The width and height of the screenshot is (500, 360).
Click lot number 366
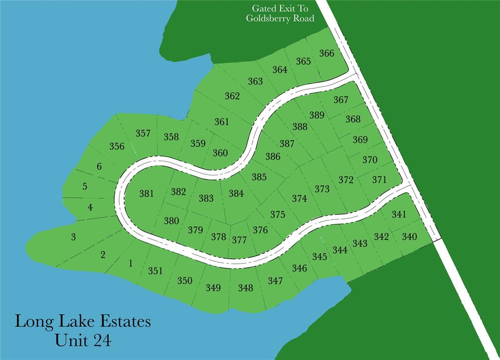pos(327,53)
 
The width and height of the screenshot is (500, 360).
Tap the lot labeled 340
pos(410,237)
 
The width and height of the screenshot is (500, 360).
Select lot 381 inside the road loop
pos(146,193)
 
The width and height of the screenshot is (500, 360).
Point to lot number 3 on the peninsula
pos(73,237)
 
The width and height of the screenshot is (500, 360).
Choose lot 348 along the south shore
pos(246,288)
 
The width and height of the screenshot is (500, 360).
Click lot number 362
pos(232,96)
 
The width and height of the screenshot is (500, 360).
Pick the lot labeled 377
pos(239,240)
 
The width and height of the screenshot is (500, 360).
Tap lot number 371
pos(379,180)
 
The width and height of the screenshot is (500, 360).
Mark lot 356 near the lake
pos(117,146)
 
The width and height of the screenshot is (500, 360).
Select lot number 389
pos(317,115)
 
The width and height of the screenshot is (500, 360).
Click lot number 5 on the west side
pos(85,186)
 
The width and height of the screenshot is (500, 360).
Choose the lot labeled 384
pos(236,193)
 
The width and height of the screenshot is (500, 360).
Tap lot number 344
pos(340,250)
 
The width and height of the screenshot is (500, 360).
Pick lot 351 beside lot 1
pos(155,271)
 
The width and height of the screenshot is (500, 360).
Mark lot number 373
pos(322,189)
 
